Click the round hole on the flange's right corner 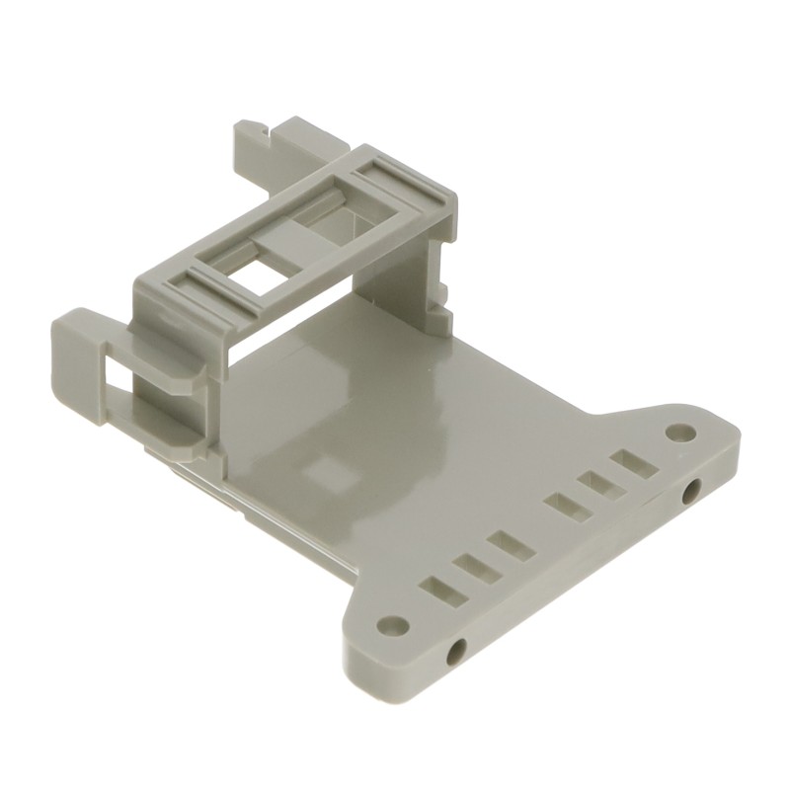(x=678, y=433)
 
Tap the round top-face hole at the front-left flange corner (x=393, y=624)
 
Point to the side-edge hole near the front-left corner (x=456, y=652)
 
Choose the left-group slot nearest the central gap (x=506, y=544)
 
